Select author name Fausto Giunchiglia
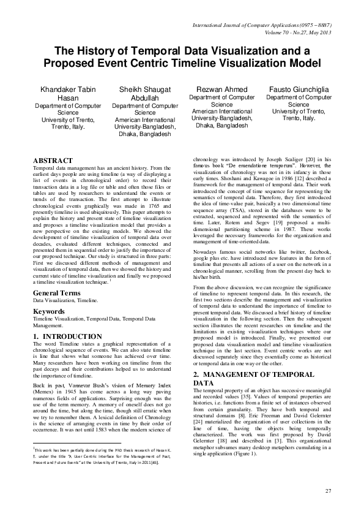(x=299, y=90)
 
